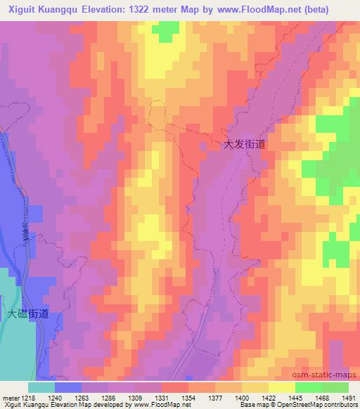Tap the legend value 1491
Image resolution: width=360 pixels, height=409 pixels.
[x=349, y=397]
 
